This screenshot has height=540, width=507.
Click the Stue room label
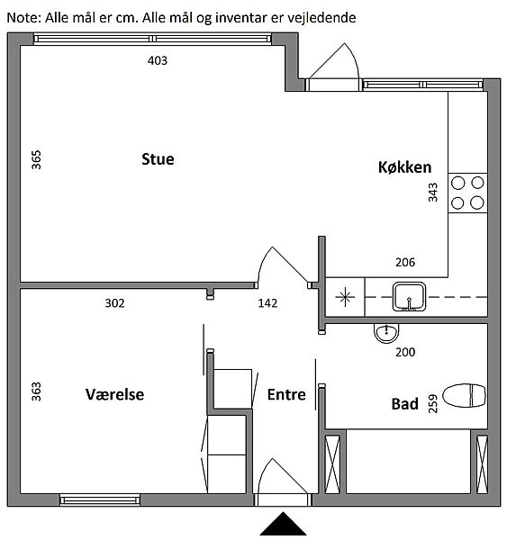pyautogui.click(x=158, y=159)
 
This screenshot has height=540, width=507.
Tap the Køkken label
pyautogui.click(x=404, y=167)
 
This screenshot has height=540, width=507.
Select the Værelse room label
pyautogui.click(x=114, y=394)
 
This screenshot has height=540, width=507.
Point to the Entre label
pyautogui.click(x=286, y=395)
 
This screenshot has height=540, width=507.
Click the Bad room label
pyautogui.click(x=405, y=404)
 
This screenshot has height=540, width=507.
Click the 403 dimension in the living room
pyautogui.click(x=158, y=60)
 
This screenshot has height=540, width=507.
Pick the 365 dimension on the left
pyautogui.click(x=36, y=160)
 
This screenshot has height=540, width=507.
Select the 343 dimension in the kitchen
pyautogui.click(x=432, y=193)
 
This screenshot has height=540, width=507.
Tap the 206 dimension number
pyautogui.click(x=405, y=263)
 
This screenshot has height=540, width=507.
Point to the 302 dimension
pyautogui.click(x=114, y=303)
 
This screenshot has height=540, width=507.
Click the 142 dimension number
pyautogui.click(x=267, y=303)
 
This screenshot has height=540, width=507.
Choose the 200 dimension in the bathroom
pyautogui.click(x=405, y=352)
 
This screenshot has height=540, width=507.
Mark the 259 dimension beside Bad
pyautogui.click(x=432, y=403)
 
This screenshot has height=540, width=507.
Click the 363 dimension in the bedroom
pyautogui.click(x=36, y=391)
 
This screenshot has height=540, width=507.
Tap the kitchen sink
pyautogui.click(x=409, y=296)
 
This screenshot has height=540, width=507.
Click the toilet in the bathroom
pyautogui.click(x=465, y=395)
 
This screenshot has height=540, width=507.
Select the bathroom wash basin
pyautogui.click(x=386, y=333)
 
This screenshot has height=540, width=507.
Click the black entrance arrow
pyautogui.click(x=283, y=524)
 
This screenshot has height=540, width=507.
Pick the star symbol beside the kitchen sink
pyautogui.click(x=345, y=297)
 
